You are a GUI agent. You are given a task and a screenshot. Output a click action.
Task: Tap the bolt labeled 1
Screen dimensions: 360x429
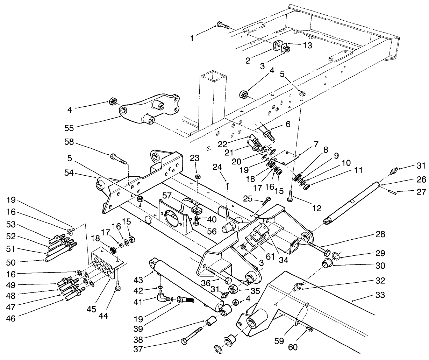(x=222, y=25)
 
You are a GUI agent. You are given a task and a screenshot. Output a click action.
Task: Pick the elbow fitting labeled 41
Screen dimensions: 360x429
(x=162, y=297)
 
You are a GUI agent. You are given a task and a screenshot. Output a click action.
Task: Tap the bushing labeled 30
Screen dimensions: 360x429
(x=328, y=263)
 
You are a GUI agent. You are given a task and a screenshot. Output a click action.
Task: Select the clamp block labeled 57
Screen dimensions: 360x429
(x=196, y=211)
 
